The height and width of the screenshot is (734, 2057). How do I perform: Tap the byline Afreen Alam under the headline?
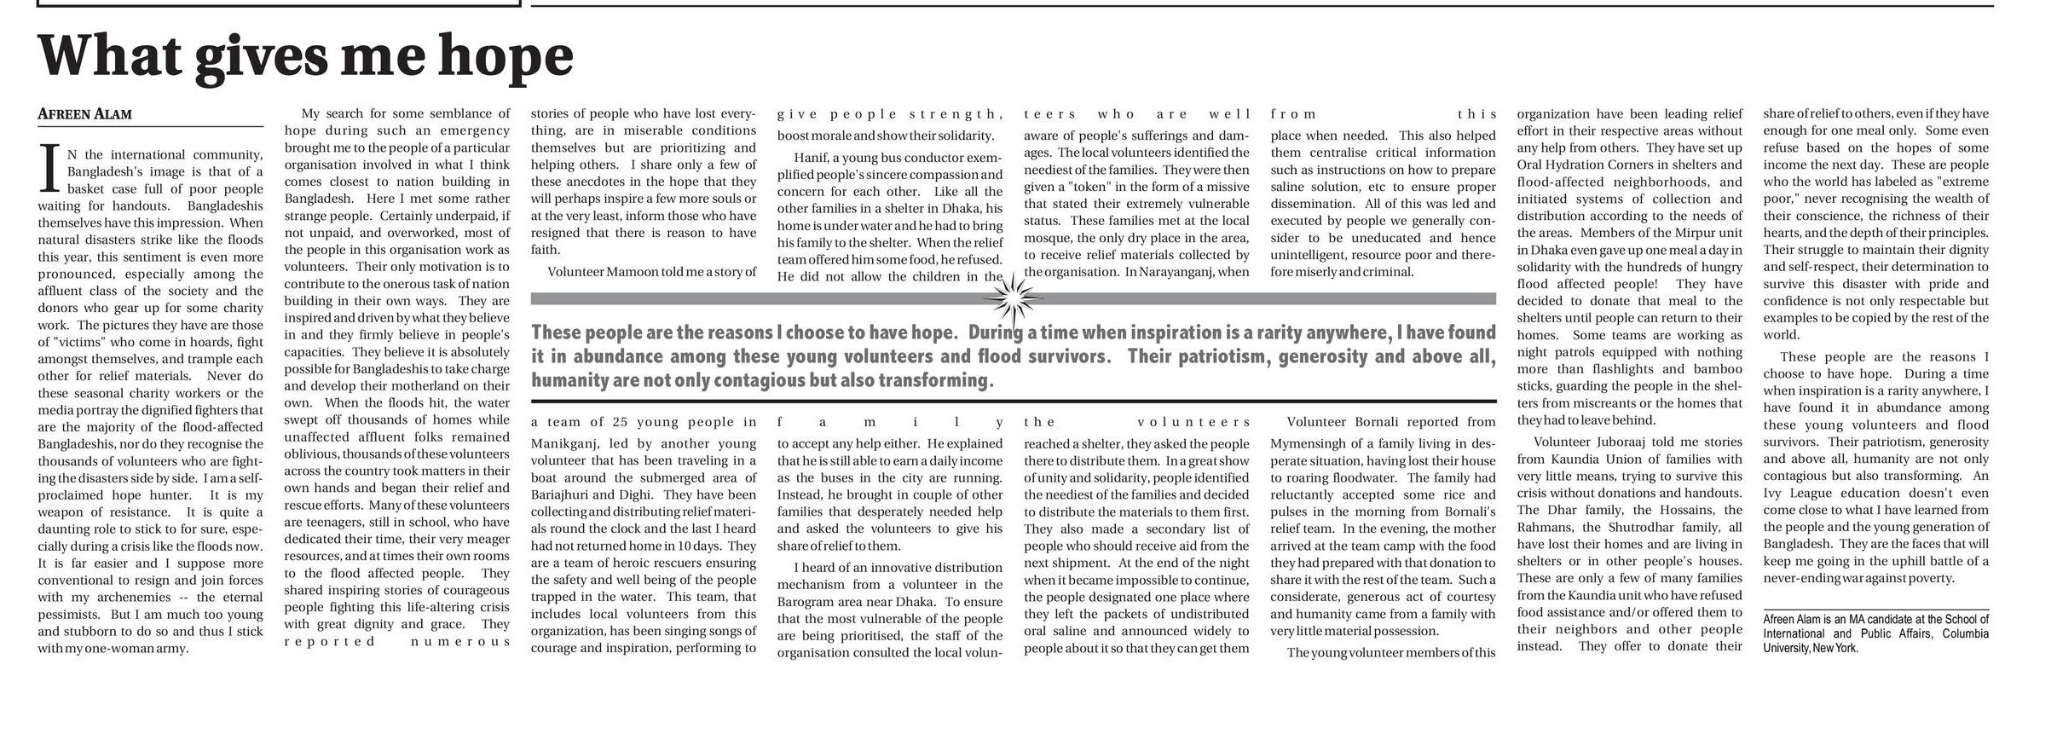[x=84, y=114]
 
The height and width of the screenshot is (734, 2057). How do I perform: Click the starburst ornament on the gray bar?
[x=1013, y=298]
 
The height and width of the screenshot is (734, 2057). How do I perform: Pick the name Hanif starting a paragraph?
[x=811, y=158]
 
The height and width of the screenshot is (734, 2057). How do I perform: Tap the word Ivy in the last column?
[x=1774, y=493]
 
